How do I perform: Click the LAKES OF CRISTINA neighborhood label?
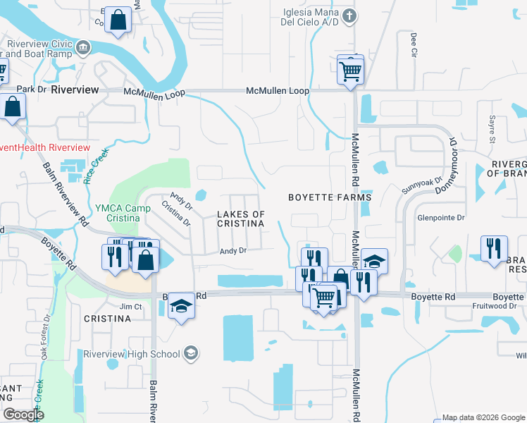(240, 219)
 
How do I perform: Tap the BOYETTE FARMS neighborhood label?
(330, 198)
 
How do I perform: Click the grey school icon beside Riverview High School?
(190, 352)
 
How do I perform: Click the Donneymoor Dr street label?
(449, 166)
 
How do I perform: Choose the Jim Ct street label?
(130, 307)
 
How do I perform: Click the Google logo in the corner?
(23, 415)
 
